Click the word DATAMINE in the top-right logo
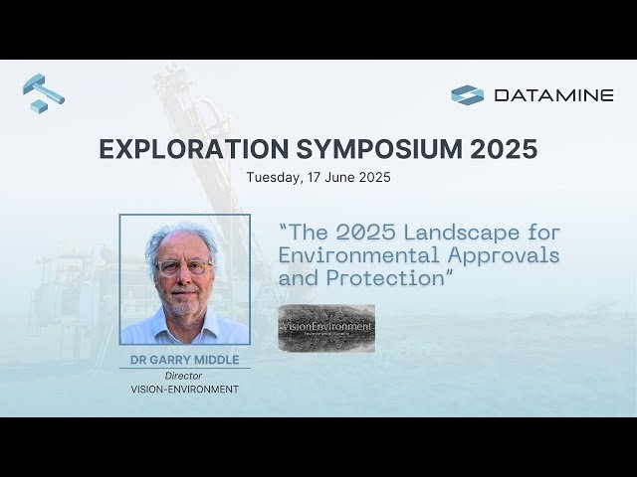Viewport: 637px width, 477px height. [x=553, y=95]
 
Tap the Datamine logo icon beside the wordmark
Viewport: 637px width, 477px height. [x=467, y=95]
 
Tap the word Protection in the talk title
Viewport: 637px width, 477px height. [x=383, y=278]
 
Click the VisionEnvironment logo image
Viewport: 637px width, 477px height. [x=326, y=327]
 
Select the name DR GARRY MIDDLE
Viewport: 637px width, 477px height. [x=184, y=359]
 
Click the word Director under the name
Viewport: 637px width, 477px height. [x=184, y=376]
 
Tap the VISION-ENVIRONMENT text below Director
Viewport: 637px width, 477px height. [x=184, y=390]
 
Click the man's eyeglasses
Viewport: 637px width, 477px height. [x=184, y=267]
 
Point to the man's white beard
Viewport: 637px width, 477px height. [x=185, y=302]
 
